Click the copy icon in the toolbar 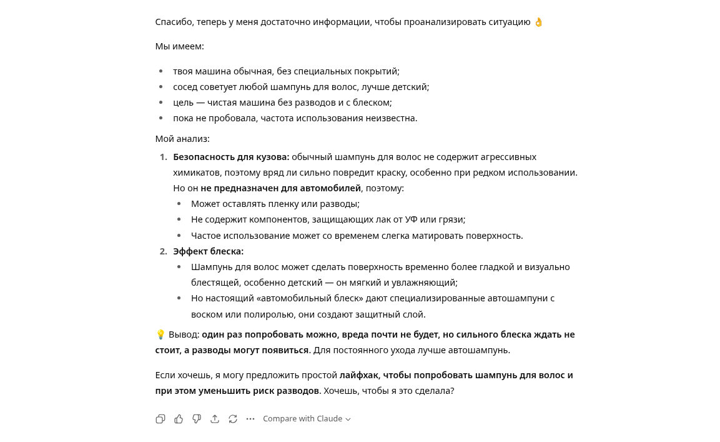coord(160,419)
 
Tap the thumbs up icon coord(179,419)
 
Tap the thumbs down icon coord(197,419)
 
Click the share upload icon coord(215,419)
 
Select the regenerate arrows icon coord(233,419)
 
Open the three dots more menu coord(250,419)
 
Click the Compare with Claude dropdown coord(307,419)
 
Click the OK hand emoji coord(538,23)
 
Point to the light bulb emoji coord(160,334)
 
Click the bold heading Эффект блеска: coord(208,251)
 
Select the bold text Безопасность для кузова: coord(231,157)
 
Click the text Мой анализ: coord(182,139)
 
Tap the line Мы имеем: coord(179,46)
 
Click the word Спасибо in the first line coord(174,23)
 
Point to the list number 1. coord(163,157)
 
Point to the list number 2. coord(163,251)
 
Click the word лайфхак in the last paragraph coord(358,375)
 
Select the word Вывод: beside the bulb coord(184,334)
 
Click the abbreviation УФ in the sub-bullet coord(411,219)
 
